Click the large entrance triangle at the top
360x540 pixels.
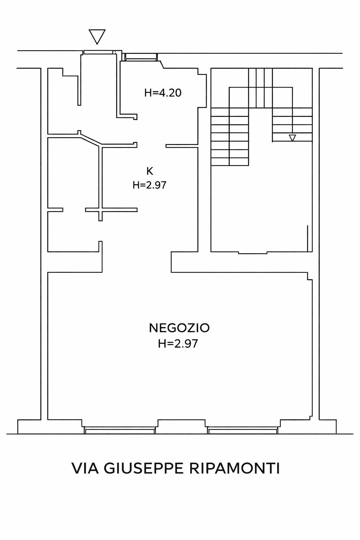[97, 36]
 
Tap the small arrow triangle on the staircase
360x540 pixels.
[292, 138]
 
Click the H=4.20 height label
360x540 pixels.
[163, 93]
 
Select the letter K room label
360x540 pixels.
[150, 171]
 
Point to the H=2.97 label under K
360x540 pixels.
[149, 185]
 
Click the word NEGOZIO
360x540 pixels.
[179, 328]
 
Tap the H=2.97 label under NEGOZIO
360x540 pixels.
[178, 343]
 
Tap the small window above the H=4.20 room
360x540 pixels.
[141, 57]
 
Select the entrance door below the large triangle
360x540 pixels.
[98, 52]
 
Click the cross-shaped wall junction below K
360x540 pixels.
[101, 210]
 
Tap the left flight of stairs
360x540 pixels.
[230, 137]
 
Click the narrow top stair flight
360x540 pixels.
[261, 88]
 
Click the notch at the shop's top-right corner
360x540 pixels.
[310, 276]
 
